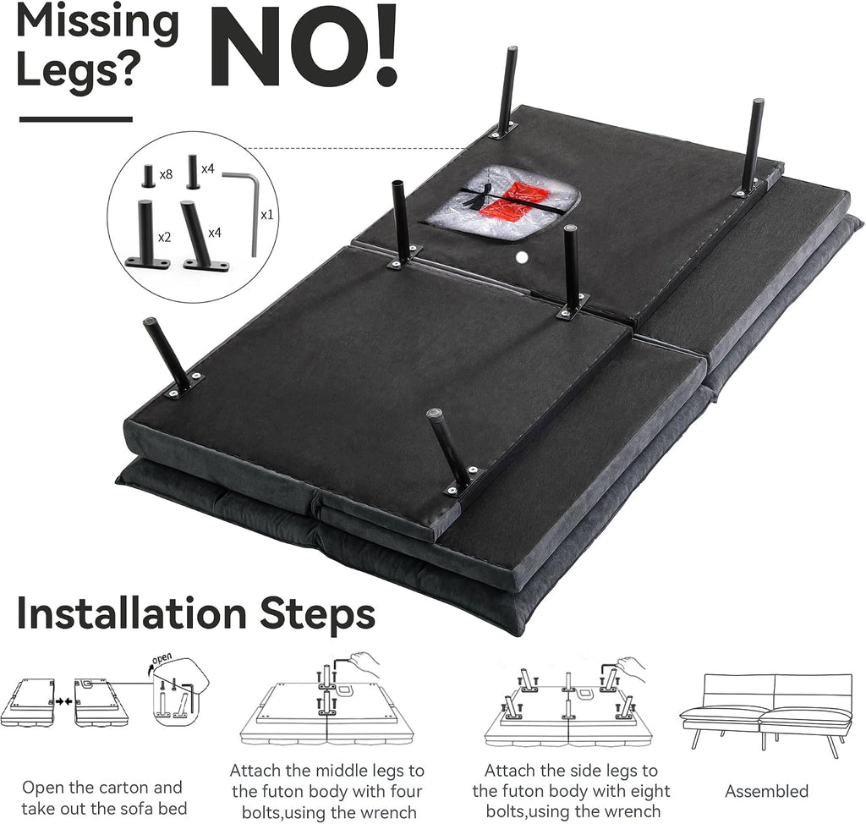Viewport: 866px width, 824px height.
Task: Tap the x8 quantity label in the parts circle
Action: tap(166, 174)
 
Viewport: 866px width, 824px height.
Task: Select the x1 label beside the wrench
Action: tap(266, 214)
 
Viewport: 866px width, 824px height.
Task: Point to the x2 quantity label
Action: tap(165, 238)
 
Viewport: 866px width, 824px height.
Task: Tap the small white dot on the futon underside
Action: tap(520, 256)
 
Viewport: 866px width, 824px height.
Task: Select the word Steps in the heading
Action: tap(318, 614)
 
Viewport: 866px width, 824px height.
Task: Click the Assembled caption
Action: tap(766, 791)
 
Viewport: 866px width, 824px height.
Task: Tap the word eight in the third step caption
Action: tap(649, 791)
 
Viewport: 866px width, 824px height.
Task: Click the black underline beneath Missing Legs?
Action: tap(75, 118)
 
